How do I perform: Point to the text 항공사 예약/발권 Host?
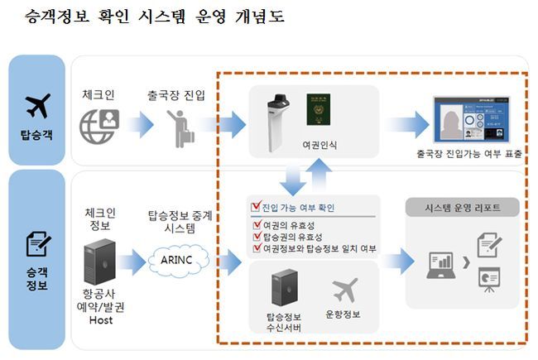[98, 306]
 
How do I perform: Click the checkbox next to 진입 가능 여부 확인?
[255, 207]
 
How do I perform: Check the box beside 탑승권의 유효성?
[255, 236]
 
